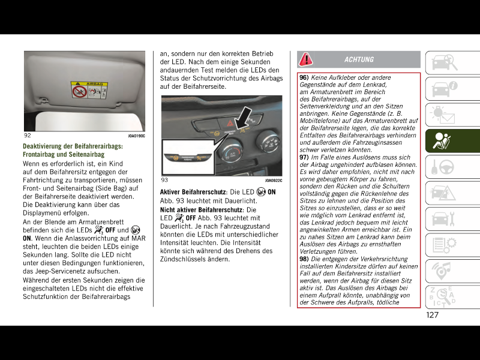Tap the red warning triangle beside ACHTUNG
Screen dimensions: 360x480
point(306,59)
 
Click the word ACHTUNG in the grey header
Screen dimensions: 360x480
point(359,59)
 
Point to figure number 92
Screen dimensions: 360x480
point(28,136)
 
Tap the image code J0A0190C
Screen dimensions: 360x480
point(136,136)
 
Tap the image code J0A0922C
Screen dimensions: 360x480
point(273,181)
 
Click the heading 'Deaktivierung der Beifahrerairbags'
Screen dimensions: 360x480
point(73,146)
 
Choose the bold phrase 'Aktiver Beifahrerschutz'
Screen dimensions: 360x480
point(192,192)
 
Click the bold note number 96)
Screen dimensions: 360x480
point(304,77)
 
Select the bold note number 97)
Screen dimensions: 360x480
point(304,157)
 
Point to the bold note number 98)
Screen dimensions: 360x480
point(304,259)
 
